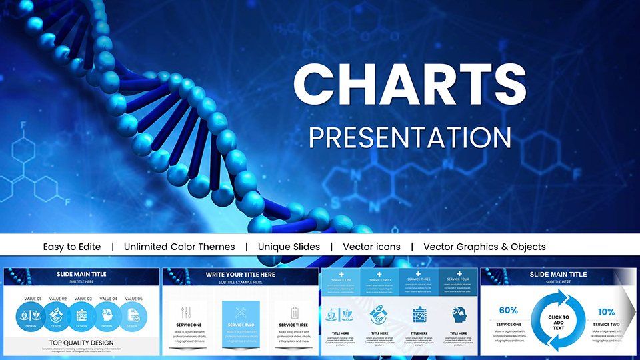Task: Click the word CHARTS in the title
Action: tap(409, 85)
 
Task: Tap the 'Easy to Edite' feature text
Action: tap(72, 247)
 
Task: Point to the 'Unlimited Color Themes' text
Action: tap(179, 247)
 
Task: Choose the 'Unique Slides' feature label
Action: tap(289, 247)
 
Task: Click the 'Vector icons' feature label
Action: tap(371, 247)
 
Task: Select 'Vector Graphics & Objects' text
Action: tap(484, 247)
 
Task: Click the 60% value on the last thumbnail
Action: tap(508, 311)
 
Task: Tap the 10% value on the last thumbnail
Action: tap(606, 311)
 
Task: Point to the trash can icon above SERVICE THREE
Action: tap(295, 312)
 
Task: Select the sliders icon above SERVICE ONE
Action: tap(187, 312)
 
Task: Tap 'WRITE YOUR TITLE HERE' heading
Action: tap(241, 273)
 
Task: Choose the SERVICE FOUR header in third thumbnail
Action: tap(458, 279)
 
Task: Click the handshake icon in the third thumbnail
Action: tap(379, 315)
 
